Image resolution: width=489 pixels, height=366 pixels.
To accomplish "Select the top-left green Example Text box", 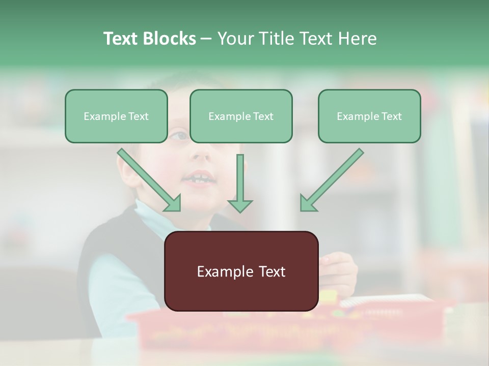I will pyautogui.click(x=116, y=116).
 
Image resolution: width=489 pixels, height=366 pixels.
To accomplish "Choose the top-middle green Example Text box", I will pyautogui.click(x=241, y=116).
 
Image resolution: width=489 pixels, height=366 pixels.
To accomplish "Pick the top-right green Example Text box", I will pyautogui.click(x=369, y=116).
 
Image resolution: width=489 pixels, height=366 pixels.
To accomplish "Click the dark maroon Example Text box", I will pyautogui.click(x=241, y=271).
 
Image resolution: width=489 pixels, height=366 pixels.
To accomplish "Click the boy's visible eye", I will pyautogui.click(x=179, y=136).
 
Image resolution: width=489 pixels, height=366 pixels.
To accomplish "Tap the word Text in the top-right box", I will pyautogui.click(x=391, y=116).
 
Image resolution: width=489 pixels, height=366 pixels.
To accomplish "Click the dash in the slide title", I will pyautogui.click(x=206, y=39).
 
